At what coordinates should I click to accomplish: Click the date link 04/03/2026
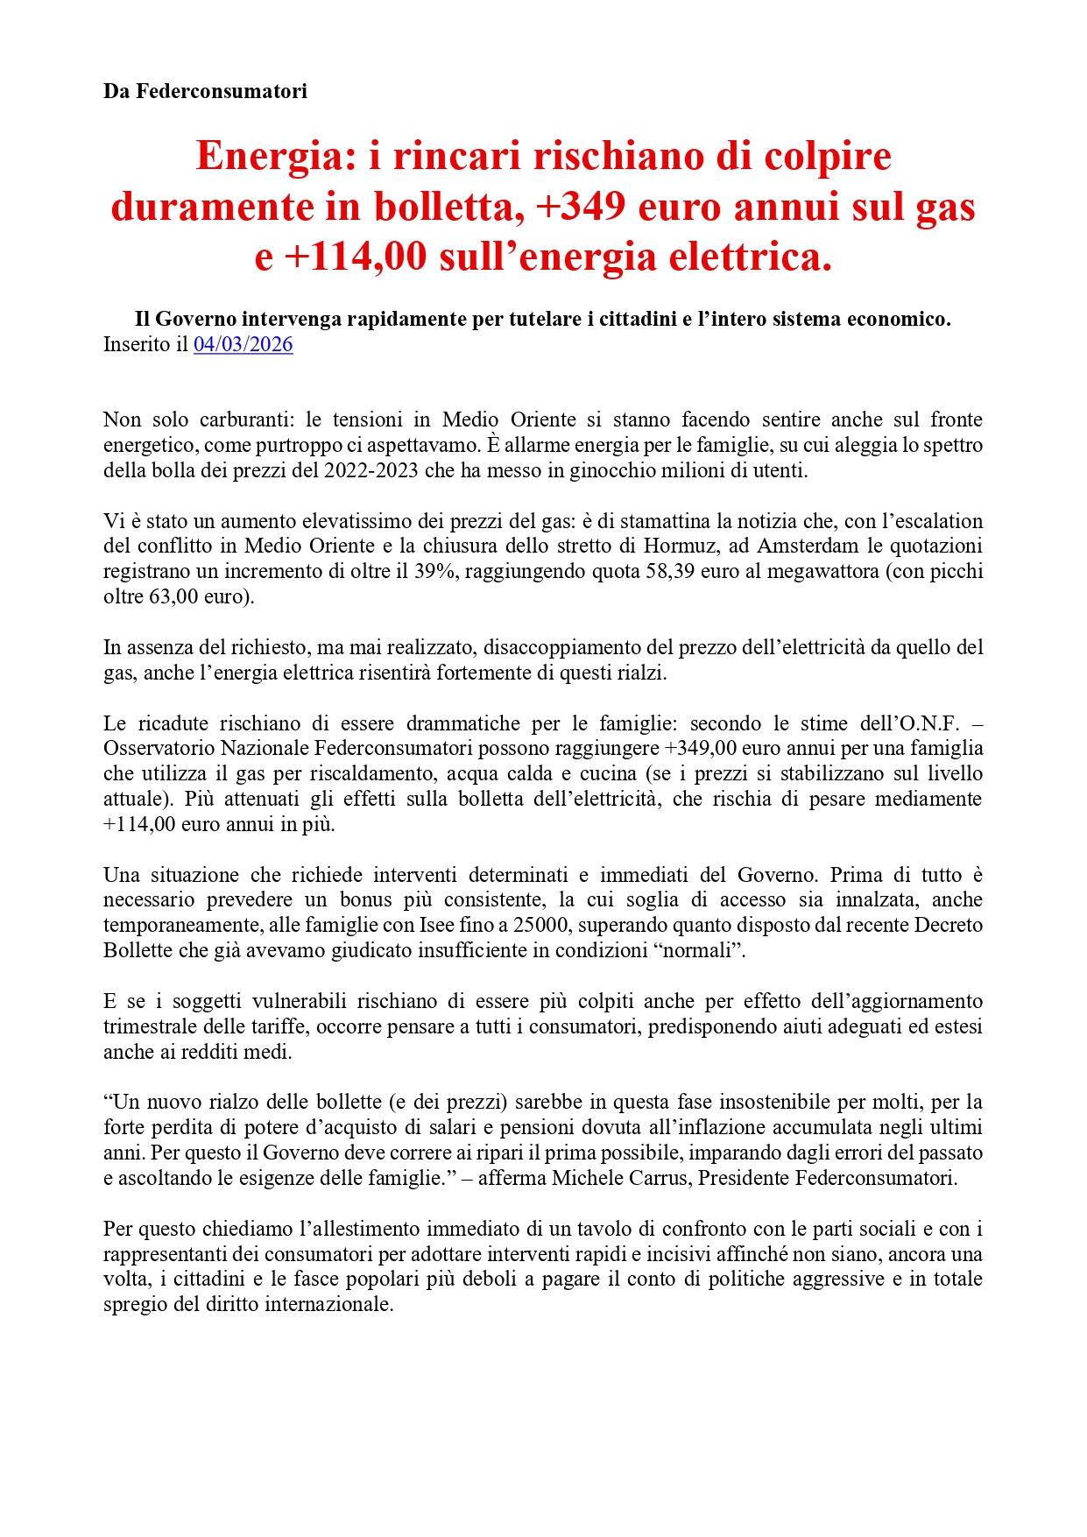(x=243, y=344)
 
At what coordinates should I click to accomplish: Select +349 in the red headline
(x=580, y=208)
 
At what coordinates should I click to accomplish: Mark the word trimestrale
(x=145, y=1026)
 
